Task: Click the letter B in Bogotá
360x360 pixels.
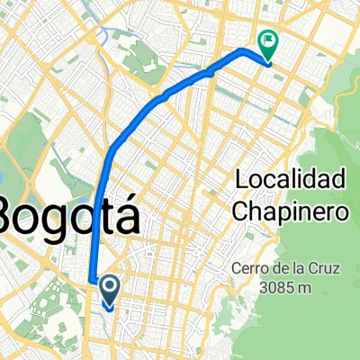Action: pos(12,216)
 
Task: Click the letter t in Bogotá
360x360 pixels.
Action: pos(105,216)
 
